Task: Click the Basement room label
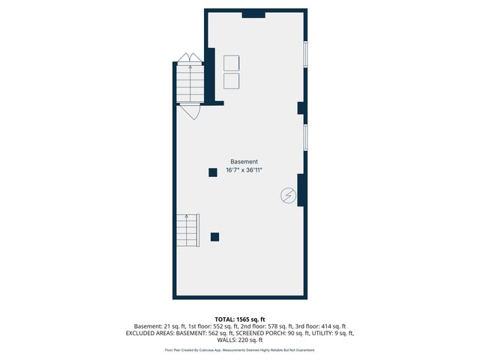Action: pyautogui.click(x=244, y=162)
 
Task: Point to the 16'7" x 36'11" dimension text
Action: pyautogui.click(x=244, y=171)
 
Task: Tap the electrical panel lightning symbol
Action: pyautogui.click(x=287, y=196)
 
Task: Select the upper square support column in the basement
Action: pyautogui.click(x=212, y=173)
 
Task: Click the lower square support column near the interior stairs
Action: pyautogui.click(x=214, y=237)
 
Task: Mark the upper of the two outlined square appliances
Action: pyautogui.click(x=231, y=64)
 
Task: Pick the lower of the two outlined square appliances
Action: pyautogui.click(x=231, y=81)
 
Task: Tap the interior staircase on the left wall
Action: pyautogui.click(x=187, y=230)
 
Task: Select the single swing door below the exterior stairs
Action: pyautogui.click(x=190, y=112)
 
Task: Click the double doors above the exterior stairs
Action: pyautogui.click(x=189, y=58)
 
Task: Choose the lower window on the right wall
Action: pyautogui.click(x=304, y=137)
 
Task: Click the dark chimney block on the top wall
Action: pyautogui.click(x=253, y=13)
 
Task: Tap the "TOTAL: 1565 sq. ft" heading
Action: pyautogui.click(x=240, y=318)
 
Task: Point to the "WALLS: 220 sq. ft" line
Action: pyautogui.click(x=240, y=340)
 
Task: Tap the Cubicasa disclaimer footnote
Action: pyautogui.click(x=240, y=350)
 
